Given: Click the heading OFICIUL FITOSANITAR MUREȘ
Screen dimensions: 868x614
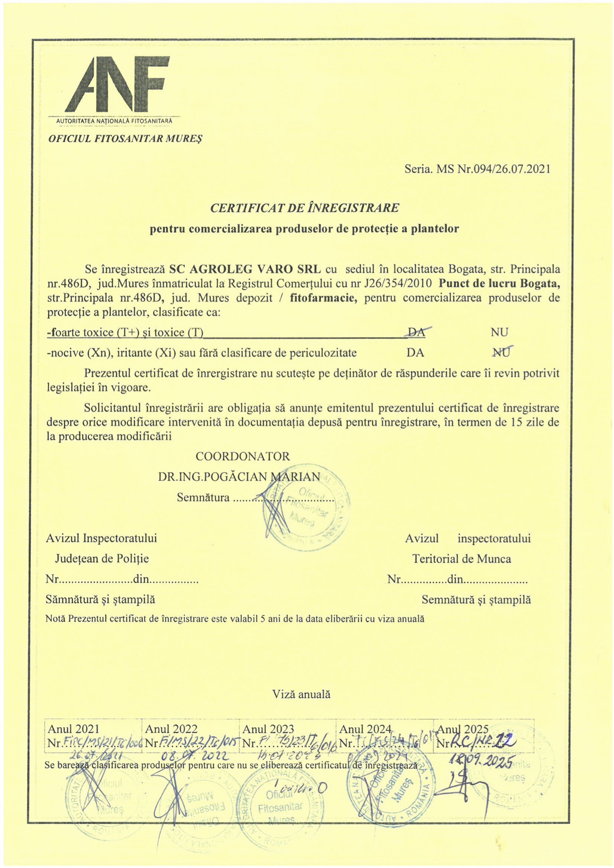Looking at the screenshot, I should [x=125, y=138].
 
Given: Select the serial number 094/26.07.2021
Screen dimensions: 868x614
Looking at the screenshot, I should [x=511, y=169].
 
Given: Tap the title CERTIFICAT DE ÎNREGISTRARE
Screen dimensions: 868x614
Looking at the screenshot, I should [x=304, y=208].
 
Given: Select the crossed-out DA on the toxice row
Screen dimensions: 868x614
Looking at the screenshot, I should [x=416, y=332].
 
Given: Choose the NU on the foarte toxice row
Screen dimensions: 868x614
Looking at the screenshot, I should [x=499, y=332].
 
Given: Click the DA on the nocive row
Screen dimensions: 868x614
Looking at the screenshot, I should [x=415, y=353].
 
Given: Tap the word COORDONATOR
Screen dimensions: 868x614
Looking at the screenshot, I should [x=243, y=456].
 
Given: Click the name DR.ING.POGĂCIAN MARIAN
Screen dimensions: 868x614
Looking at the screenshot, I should [x=239, y=477].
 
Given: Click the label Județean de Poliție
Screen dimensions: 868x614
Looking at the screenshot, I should [x=102, y=559].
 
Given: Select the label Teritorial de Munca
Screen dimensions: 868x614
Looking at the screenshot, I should [x=461, y=559].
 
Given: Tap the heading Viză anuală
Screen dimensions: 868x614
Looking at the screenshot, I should [x=301, y=695].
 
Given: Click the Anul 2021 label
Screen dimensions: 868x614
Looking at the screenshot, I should [x=73, y=729].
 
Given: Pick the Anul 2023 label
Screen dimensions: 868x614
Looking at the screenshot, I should [x=268, y=729].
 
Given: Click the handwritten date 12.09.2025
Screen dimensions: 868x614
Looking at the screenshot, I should [x=481, y=760].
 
